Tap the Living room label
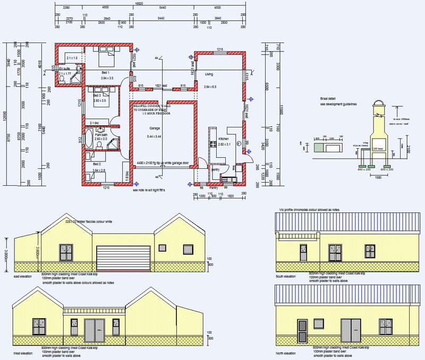(209, 75)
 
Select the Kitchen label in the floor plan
(224, 139)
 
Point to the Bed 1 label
(105, 72)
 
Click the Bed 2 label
(97, 165)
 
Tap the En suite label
(65, 69)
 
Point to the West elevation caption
(23, 352)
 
